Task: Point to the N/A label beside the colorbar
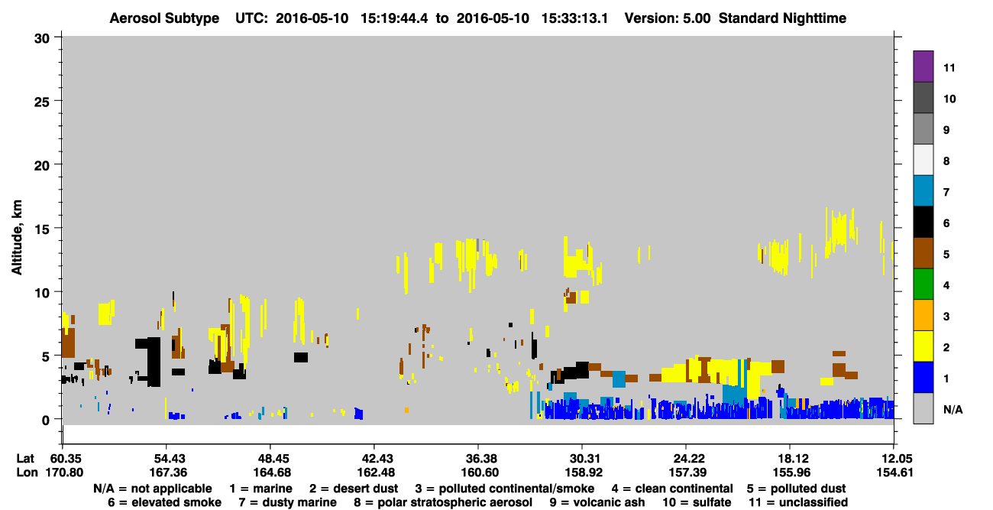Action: click(953, 409)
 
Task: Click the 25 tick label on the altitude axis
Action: click(42, 102)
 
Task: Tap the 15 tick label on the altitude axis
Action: click(42, 229)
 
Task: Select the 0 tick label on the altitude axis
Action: click(46, 421)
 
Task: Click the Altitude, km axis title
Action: click(16, 238)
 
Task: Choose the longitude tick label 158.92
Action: click(584, 473)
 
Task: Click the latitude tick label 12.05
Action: click(894, 459)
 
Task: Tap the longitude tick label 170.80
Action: click(64, 473)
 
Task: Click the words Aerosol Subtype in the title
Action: click(164, 18)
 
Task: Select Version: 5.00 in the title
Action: click(668, 18)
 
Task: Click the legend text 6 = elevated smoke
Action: click(164, 502)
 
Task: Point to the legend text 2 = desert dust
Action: click(354, 489)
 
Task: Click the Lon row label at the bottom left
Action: click(27, 473)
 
